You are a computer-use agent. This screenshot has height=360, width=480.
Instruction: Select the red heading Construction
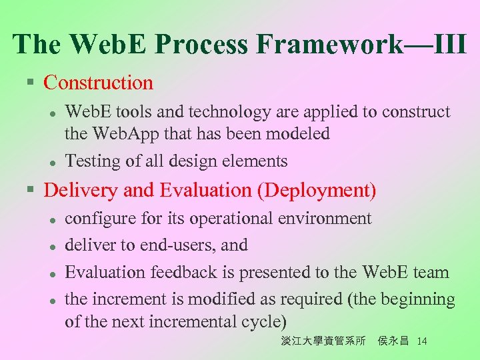tap(98, 83)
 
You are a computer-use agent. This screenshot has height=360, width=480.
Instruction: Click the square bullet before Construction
tap(29, 83)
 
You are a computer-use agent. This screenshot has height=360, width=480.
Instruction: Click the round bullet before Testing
tap(51, 162)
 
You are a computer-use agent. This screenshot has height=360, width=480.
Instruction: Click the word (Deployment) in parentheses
tap(316, 191)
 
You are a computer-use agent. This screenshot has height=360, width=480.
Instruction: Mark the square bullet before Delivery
tap(29, 191)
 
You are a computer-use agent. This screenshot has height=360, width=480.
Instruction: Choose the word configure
tap(97, 219)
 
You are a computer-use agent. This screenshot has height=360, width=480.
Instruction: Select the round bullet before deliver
tap(51, 246)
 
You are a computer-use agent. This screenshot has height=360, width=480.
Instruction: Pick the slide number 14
tap(421, 341)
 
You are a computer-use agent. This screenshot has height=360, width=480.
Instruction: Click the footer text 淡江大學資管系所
tap(323, 341)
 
